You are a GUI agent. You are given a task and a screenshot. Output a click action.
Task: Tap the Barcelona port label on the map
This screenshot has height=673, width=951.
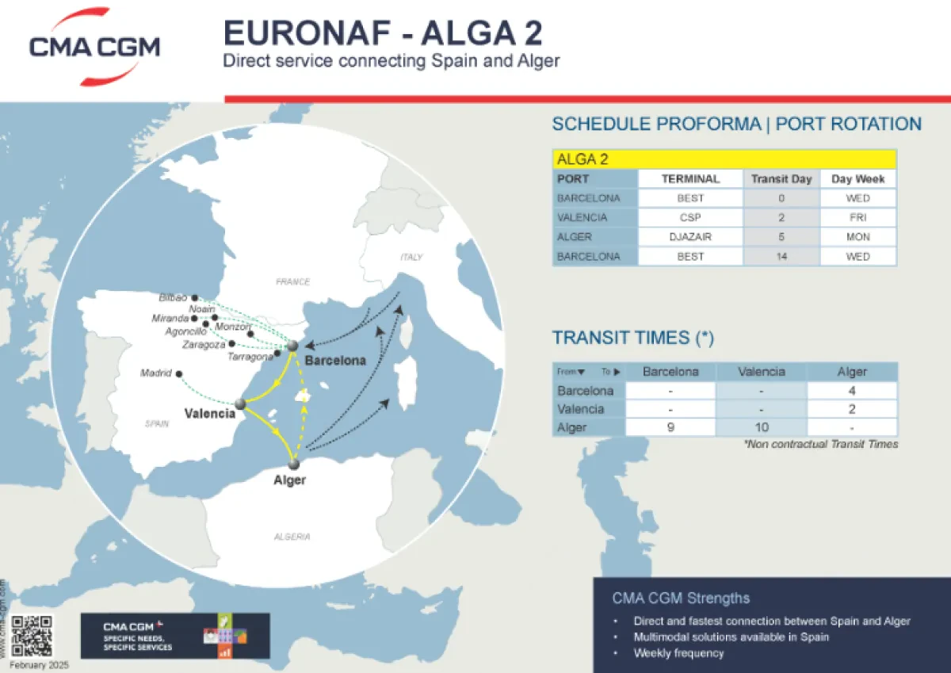pyautogui.click(x=335, y=361)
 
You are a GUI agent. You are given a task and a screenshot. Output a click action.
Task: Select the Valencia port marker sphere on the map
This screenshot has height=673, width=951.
pyautogui.click(x=240, y=404)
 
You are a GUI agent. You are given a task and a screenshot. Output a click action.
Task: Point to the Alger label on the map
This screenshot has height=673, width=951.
pyautogui.click(x=289, y=480)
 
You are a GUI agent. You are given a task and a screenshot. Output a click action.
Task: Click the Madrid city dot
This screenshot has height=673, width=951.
pyautogui.click(x=179, y=374)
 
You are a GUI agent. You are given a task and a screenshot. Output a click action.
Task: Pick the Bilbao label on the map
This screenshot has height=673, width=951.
pyautogui.click(x=173, y=298)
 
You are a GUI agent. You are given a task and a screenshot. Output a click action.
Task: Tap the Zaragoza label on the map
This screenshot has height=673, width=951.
pyautogui.click(x=203, y=345)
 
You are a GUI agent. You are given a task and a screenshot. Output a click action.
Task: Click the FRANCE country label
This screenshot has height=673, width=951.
pyautogui.click(x=292, y=281)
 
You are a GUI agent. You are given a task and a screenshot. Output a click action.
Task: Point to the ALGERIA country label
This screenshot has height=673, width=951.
pyautogui.click(x=292, y=537)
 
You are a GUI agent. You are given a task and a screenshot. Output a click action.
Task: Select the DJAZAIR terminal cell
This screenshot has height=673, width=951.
pyautogui.click(x=690, y=237)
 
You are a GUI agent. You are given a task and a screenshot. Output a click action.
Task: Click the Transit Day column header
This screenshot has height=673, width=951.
pyautogui.click(x=781, y=179)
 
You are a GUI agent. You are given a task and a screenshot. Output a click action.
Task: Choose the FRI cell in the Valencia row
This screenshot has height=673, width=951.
pyautogui.click(x=857, y=217)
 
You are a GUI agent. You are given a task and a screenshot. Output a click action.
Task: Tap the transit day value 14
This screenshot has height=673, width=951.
pyautogui.click(x=781, y=256)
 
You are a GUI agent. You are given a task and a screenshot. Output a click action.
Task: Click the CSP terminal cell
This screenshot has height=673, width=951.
pyautogui.click(x=690, y=217)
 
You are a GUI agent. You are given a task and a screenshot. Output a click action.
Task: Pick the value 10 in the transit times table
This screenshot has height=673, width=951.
pyautogui.click(x=761, y=427)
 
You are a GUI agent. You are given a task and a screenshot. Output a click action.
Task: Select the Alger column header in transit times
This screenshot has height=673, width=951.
pyautogui.click(x=852, y=372)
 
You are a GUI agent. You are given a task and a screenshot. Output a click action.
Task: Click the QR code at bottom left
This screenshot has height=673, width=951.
pyautogui.click(x=32, y=636)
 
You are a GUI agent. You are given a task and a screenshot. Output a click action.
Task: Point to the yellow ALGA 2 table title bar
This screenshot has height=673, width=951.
pyautogui.click(x=724, y=159)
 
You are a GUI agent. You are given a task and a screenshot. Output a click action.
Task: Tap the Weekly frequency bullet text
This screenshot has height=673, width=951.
pyautogui.click(x=678, y=653)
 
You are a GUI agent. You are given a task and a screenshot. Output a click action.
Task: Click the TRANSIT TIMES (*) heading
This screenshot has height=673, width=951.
pyautogui.click(x=633, y=338)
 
